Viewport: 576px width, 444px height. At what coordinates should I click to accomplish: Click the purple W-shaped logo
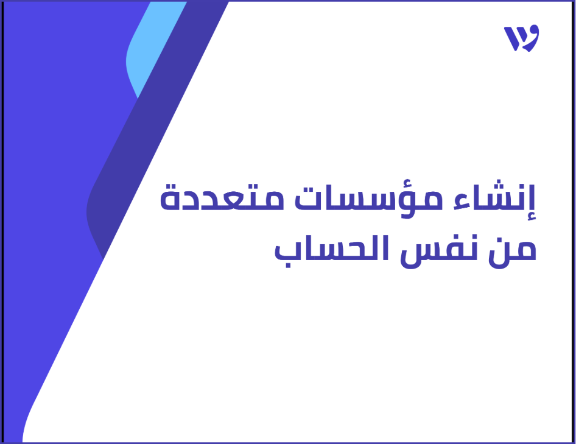[521, 38]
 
